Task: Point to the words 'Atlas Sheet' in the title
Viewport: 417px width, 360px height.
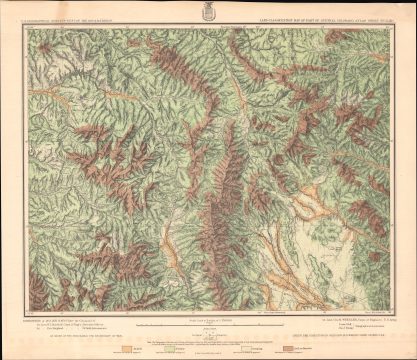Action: point(370,22)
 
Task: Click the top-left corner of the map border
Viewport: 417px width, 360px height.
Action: point(27,28)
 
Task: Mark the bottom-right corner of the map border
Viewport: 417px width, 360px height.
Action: point(391,314)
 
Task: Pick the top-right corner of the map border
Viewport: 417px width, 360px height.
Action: point(391,28)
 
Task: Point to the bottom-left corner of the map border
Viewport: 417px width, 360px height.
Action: point(27,314)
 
